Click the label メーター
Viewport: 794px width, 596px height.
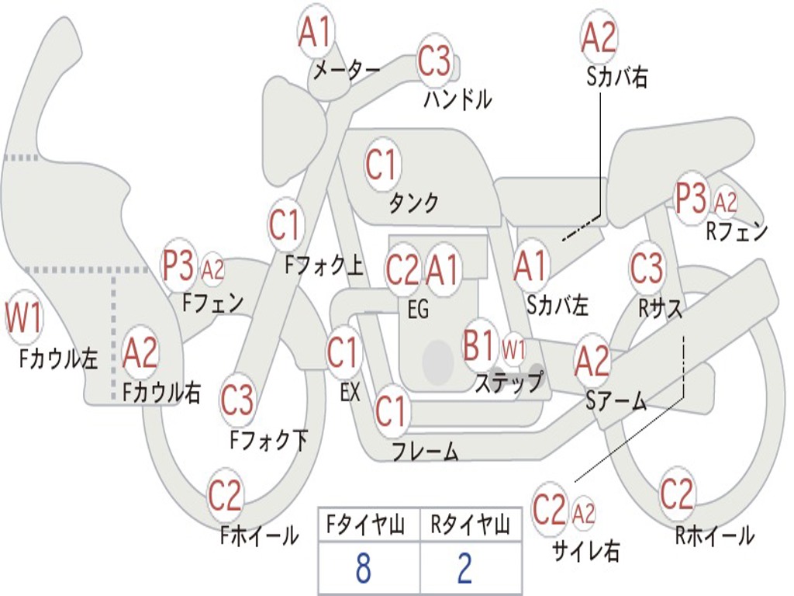346,71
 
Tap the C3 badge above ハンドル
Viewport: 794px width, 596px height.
434,61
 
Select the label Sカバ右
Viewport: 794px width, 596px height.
617,77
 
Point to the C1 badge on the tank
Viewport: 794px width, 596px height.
381,164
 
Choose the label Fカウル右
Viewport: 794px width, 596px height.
162,393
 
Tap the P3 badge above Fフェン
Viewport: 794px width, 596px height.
179,265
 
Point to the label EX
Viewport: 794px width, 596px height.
350,393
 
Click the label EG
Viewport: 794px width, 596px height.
418,309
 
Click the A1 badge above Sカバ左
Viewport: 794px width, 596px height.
531,266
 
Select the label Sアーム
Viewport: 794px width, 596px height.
616,400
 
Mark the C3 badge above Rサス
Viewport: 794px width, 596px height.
647,269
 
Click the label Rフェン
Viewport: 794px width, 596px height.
736,231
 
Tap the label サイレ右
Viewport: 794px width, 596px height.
586,551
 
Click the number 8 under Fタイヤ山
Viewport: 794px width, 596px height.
363,569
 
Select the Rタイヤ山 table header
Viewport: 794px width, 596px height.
471,526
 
